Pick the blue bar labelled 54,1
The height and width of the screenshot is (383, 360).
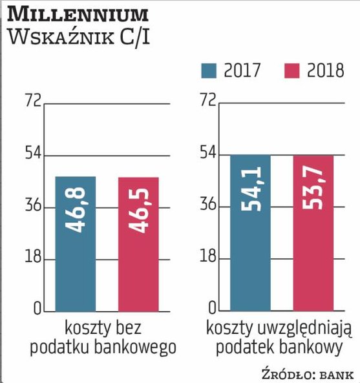(251, 233)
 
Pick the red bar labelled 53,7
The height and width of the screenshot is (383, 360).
(313, 233)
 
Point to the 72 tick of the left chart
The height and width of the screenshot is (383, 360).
(32, 101)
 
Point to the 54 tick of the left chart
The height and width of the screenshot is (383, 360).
(32, 154)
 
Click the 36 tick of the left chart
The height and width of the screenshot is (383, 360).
(32, 207)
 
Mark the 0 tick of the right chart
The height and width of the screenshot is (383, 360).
(211, 308)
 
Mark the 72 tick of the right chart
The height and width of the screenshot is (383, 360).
(207, 101)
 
